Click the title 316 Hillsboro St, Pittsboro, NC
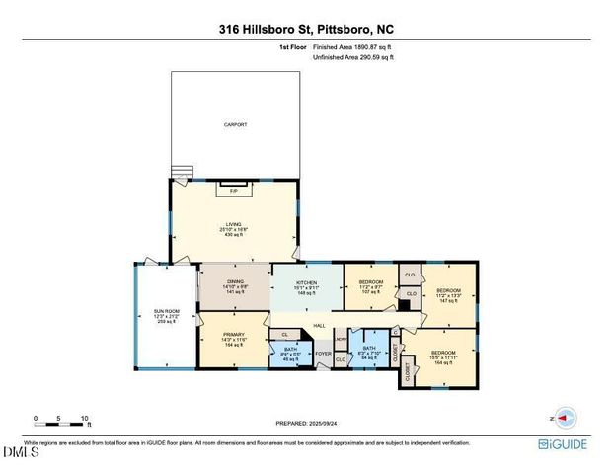pos(306,30)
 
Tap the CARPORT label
pos(234,125)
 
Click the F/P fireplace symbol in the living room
pos(234,190)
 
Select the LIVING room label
pos(234,227)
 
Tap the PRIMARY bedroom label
pos(233,340)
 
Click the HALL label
pos(319,327)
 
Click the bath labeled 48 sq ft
pos(290,353)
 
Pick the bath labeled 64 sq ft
pos(369,352)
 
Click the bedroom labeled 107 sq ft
pos(369,286)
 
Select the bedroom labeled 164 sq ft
pos(443,357)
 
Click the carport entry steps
pos(178,169)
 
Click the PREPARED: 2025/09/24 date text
pos(306,424)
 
